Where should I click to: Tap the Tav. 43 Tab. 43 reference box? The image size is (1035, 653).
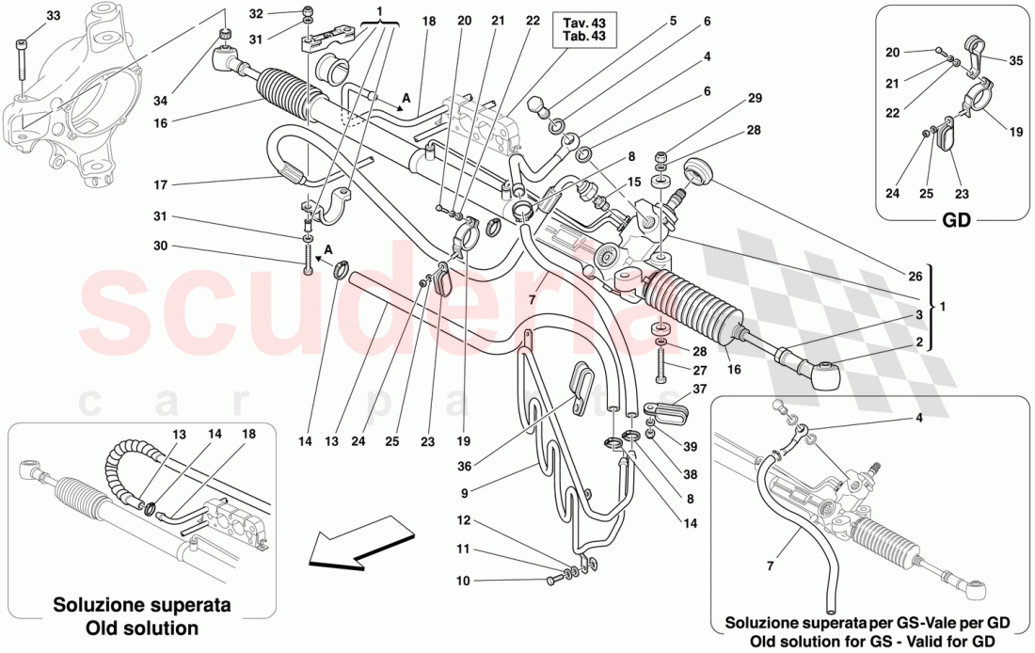pyautogui.click(x=584, y=29)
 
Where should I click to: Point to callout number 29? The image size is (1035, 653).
pyautogui.click(x=755, y=98)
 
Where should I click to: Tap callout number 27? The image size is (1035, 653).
pyautogui.click(x=698, y=371)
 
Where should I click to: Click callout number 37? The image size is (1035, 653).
pyautogui.click(x=699, y=390)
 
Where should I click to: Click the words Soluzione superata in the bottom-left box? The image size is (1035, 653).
pyautogui.click(x=141, y=605)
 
